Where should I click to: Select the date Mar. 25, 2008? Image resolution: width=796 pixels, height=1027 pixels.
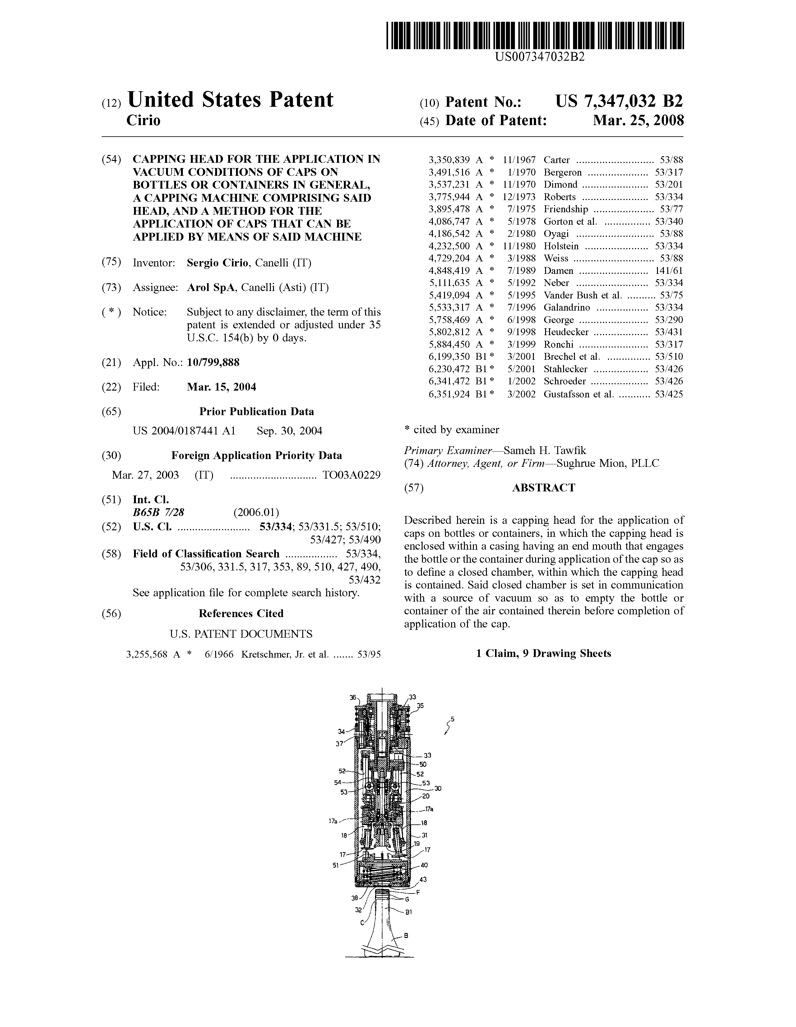(x=638, y=121)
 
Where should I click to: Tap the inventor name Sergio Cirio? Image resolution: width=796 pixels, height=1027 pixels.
(x=217, y=263)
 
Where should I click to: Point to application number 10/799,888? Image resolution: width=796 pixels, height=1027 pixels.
(x=213, y=363)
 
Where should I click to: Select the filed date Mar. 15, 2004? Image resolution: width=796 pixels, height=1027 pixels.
(x=221, y=387)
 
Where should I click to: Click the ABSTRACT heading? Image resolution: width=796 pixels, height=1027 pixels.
(x=543, y=488)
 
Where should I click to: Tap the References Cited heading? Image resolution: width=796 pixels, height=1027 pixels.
(x=241, y=614)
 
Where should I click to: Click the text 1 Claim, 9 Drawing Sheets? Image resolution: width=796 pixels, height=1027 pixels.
(x=543, y=654)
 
